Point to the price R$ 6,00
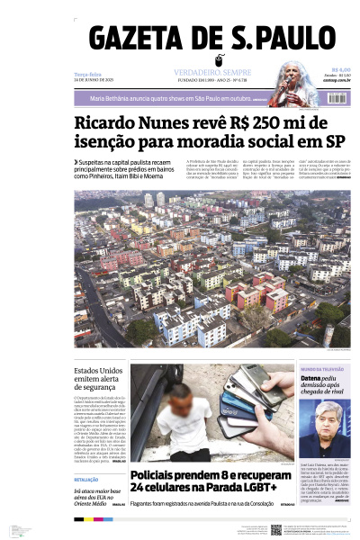pos(340,70)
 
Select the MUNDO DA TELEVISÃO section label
pos(322,370)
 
